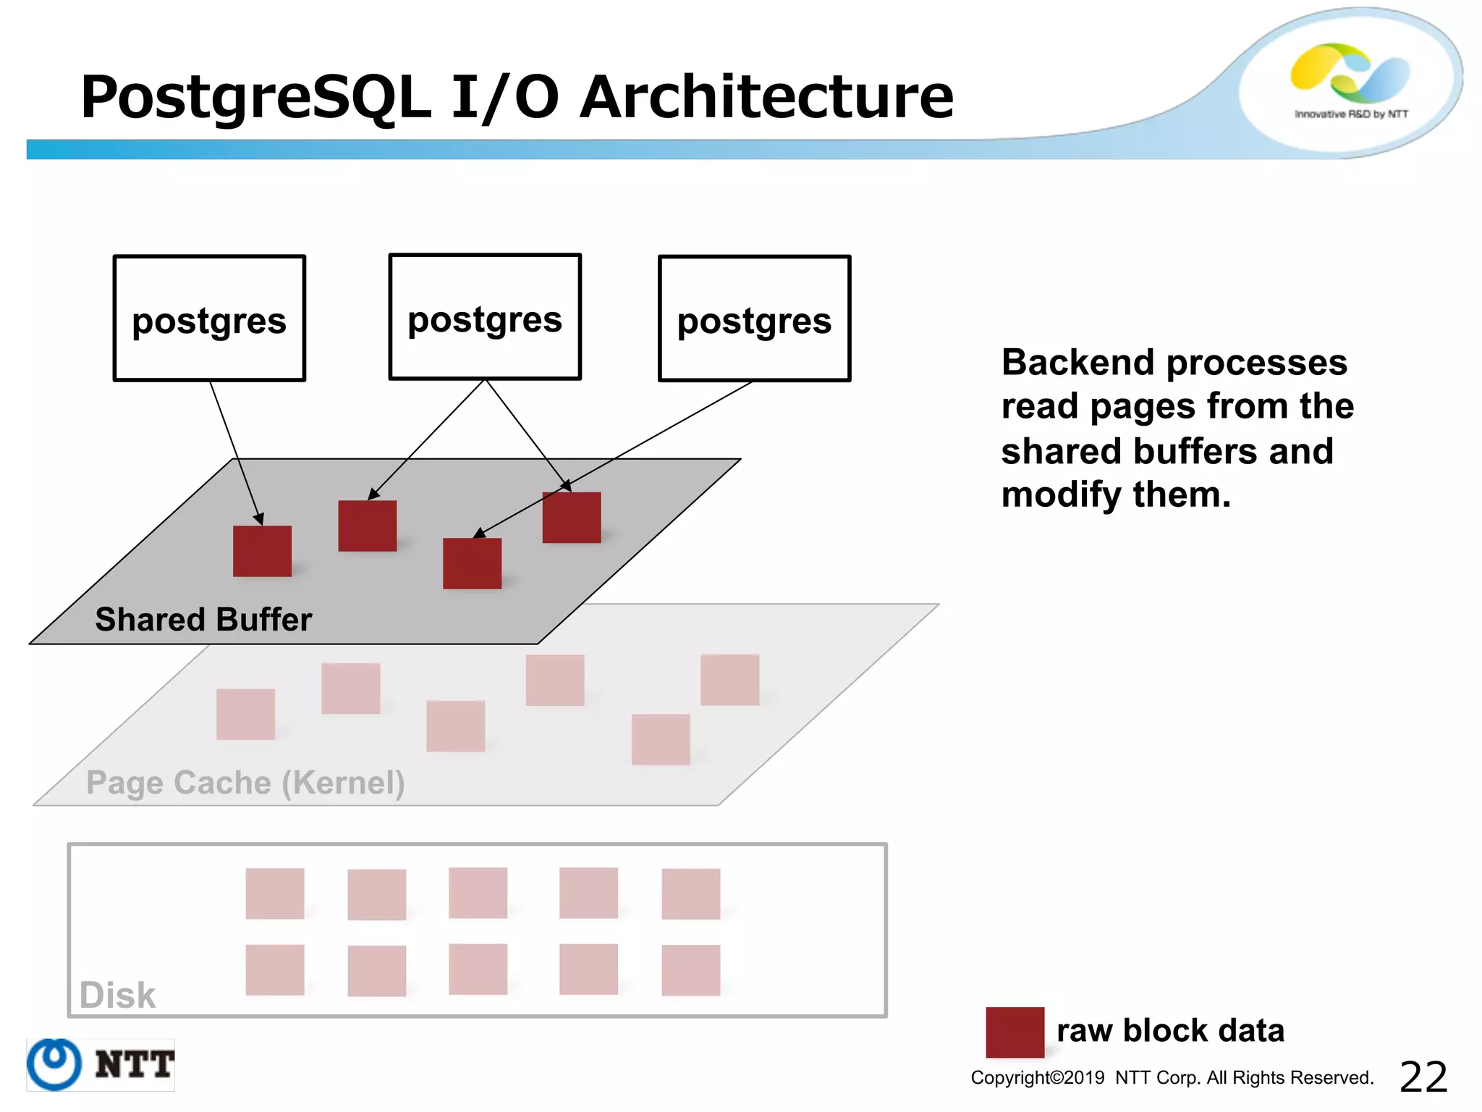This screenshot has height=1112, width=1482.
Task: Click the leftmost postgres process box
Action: coord(209,319)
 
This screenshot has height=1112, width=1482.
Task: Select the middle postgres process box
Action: coord(485,317)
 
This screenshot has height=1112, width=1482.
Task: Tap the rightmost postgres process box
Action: coord(754,319)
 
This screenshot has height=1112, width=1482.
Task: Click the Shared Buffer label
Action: coord(203,620)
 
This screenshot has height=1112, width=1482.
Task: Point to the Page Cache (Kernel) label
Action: coord(245,783)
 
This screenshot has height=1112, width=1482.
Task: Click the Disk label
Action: coord(117,995)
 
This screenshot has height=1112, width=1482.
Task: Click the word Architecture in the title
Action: coord(766,97)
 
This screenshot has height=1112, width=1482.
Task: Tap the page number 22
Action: coord(1423,1077)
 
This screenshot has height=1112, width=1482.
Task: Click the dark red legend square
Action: coord(1015,1032)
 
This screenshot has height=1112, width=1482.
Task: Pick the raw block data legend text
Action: coord(1170,1030)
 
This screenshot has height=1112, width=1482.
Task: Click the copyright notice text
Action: coord(1172,1078)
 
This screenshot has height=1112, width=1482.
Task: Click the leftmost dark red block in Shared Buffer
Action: coord(262,551)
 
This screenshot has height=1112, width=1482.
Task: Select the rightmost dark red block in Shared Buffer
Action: coord(572,518)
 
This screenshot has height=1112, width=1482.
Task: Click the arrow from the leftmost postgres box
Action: coord(236,452)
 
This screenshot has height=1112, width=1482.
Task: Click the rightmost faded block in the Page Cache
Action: coord(729,680)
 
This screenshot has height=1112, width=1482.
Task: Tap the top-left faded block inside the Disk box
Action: coord(275,893)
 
